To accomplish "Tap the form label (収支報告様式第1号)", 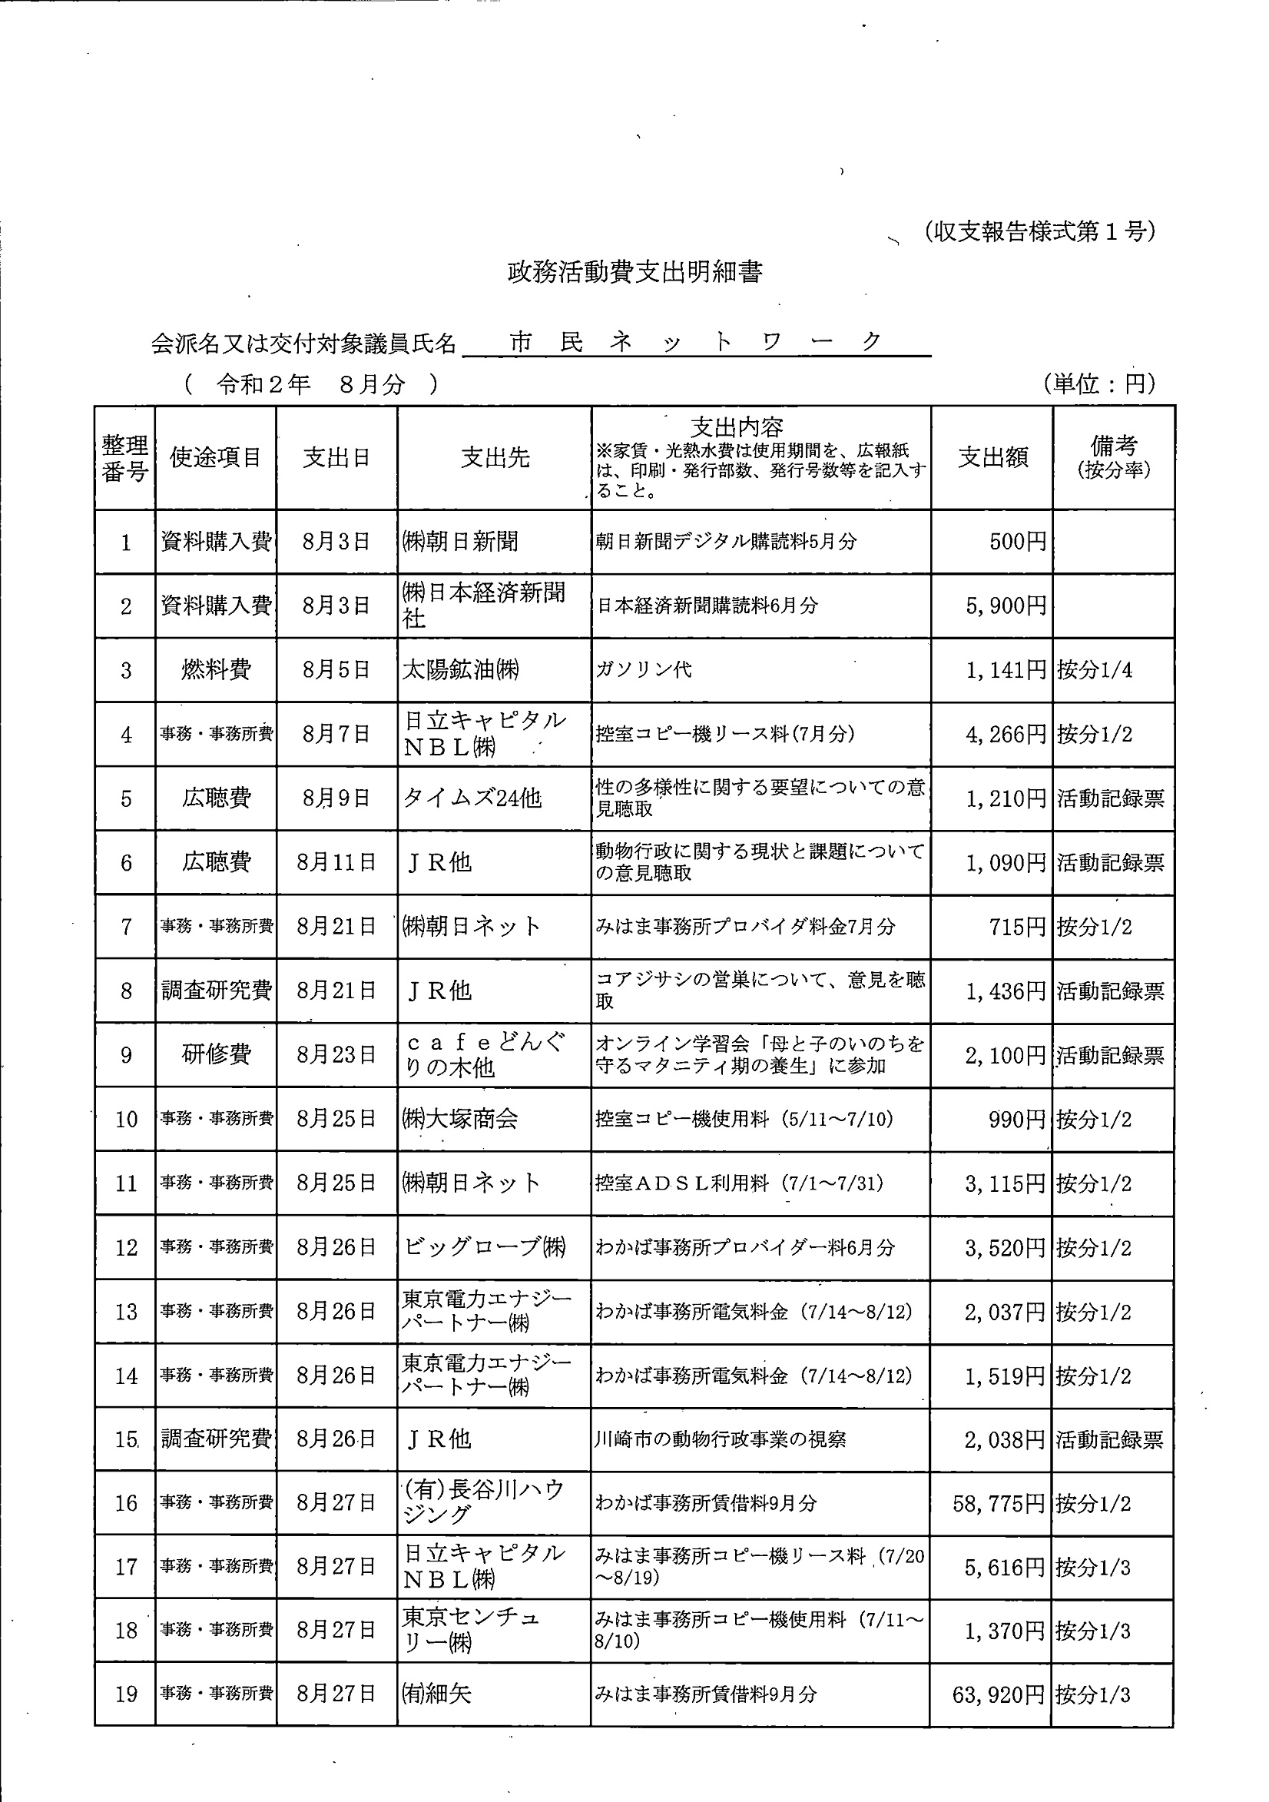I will (x=1039, y=231).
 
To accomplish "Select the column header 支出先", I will (x=495, y=457).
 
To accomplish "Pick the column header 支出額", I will (x=992, y=457).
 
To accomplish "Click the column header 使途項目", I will (x=215, y=457).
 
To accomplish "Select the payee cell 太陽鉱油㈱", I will (x=461, y=669).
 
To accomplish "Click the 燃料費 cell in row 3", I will (x=216, y=669).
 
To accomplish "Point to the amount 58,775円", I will (x=999, y=1504).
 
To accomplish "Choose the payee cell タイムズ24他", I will (x=472, y=798).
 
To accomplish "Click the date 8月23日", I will (x=336, y=1054).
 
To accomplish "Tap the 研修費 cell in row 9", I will (x=216, y=1054).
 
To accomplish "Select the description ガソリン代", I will (x=644, y=669).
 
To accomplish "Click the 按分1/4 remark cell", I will (x=1094, y=670).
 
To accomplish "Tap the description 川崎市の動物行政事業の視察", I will (x=721, y=1439).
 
